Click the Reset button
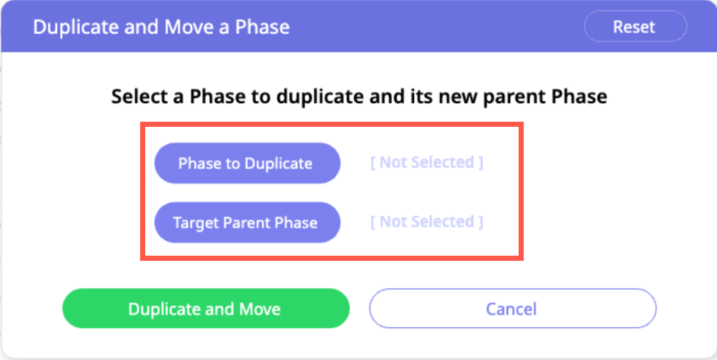click(635, 26)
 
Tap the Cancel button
click(512, 308)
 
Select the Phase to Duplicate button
click(247, 163)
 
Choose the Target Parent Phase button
click(247, 222)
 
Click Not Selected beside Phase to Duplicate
click(427, 162)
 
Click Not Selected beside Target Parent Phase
click(427, 221)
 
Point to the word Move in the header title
click(189, 27)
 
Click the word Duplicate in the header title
click(76, 27)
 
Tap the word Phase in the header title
click(262, 27)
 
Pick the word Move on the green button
click(260, 309)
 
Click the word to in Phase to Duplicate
click(233, 164)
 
